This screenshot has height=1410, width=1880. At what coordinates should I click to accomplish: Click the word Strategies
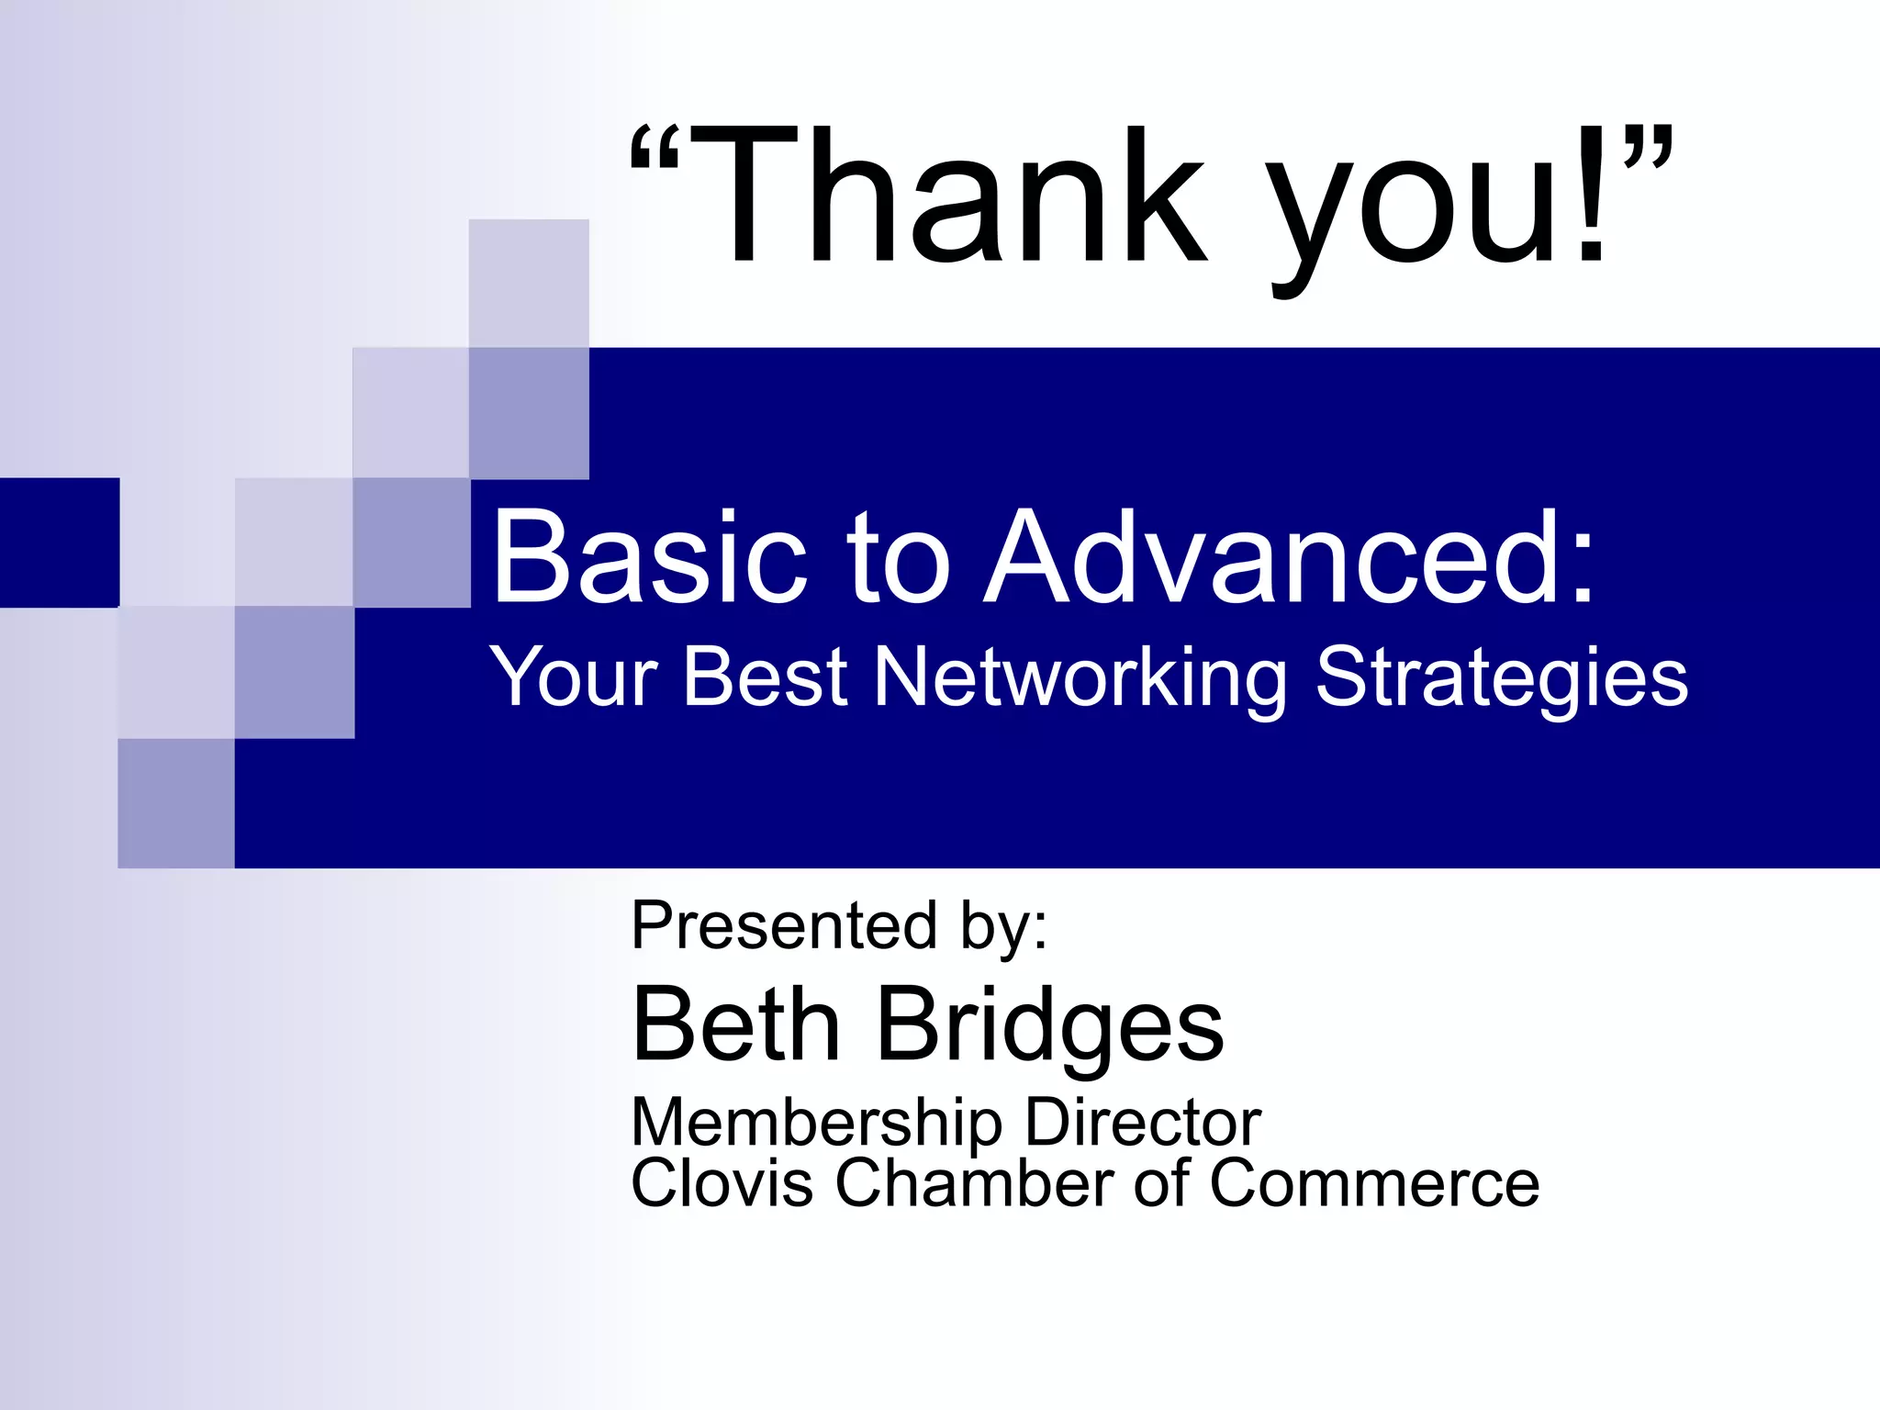[x=1501, y=679]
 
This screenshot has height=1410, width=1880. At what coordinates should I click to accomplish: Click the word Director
[x=1142, y=1122]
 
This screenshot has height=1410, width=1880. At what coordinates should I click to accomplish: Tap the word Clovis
[x=722, y=1183]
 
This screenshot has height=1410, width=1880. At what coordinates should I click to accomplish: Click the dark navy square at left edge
[x=59, y=542]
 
